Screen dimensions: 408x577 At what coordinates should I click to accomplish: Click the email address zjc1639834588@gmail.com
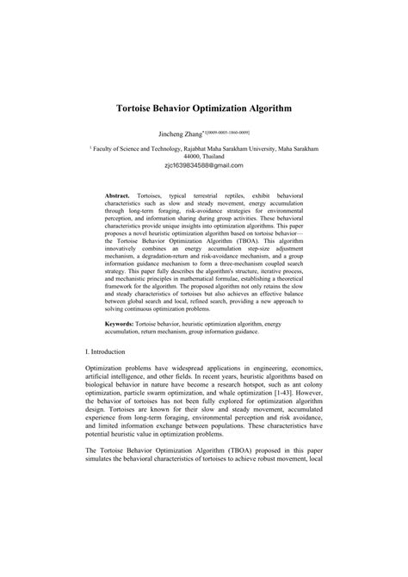(203, 165)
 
